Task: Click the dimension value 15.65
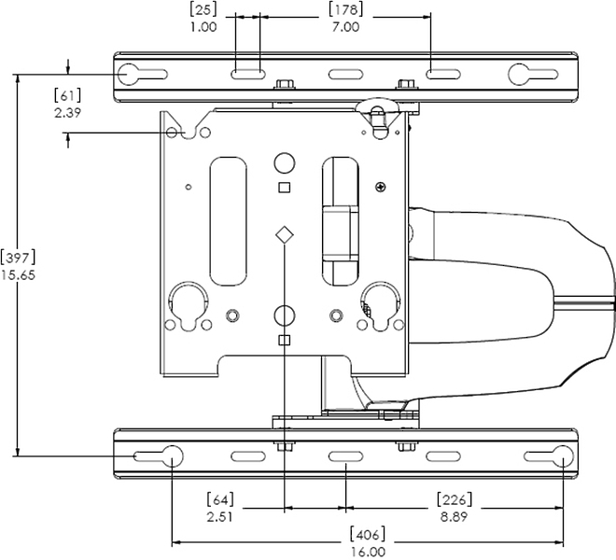pos(18,275)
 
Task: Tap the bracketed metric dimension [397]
pos(18,258)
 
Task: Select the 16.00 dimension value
pos(368,552)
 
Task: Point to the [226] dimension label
pos(455,499)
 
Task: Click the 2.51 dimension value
pos(220,517)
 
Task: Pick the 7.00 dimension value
pos(345,27)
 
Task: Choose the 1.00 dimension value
pos(203,27)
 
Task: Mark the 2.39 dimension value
pos(67,113)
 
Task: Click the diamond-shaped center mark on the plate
pos(285,235)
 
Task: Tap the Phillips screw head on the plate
pos(380,187)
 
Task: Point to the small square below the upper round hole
pos(285,188)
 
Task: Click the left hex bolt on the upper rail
pos(286,85)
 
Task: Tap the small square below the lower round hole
pos(285,340)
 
